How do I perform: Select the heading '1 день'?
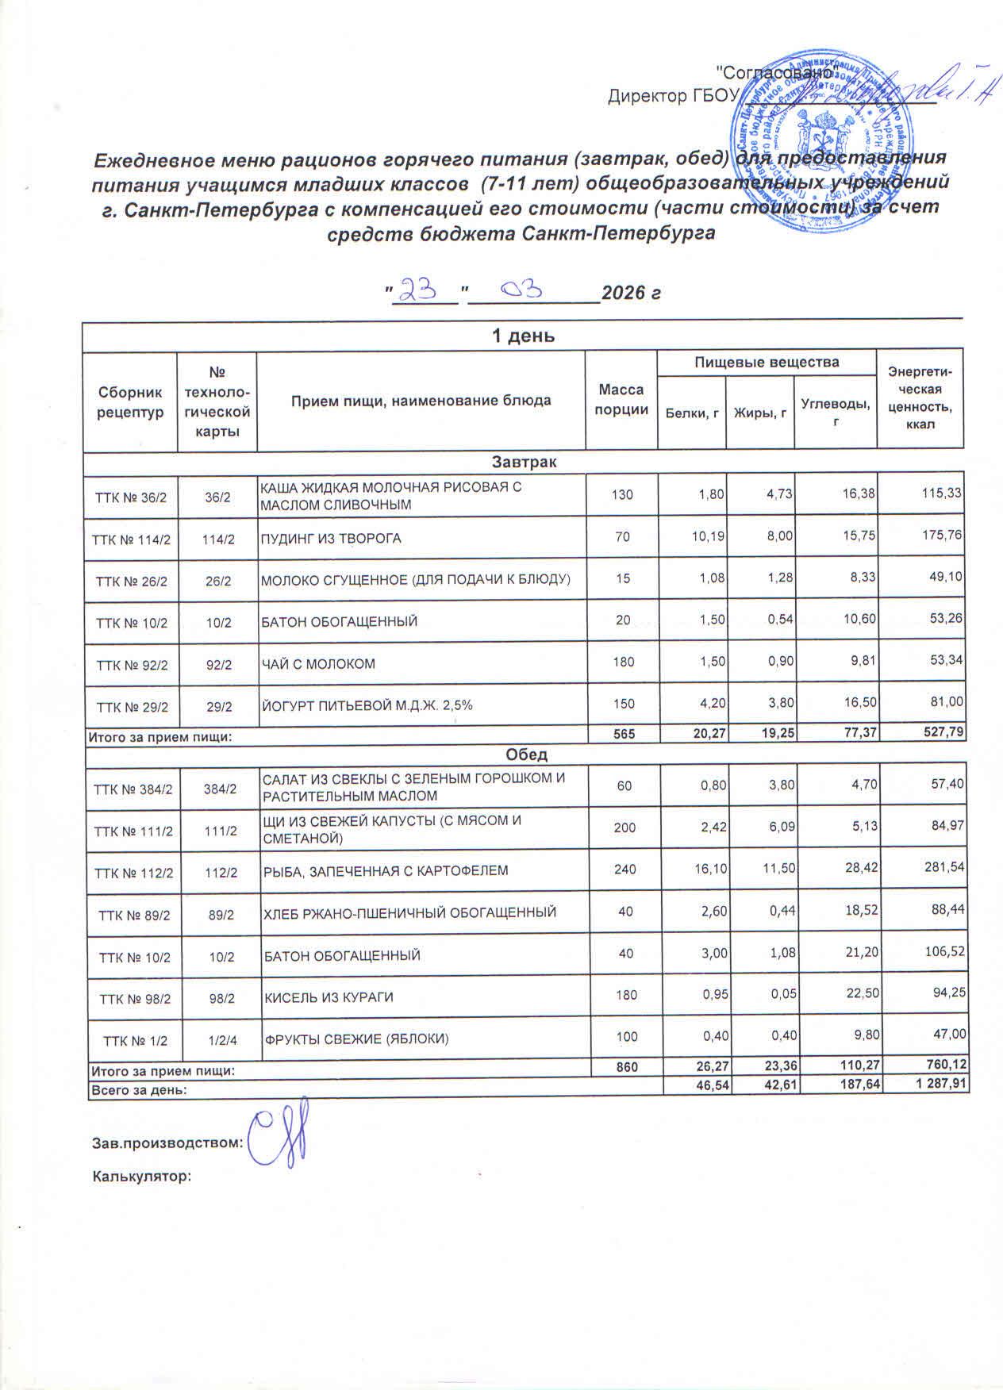(523, 336)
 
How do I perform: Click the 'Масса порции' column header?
(621, 400)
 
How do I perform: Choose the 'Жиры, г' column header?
(760, 412)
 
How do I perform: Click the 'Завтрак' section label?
(524, 462)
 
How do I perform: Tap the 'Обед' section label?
(525, 755)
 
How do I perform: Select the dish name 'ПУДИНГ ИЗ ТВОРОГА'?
(332, 539)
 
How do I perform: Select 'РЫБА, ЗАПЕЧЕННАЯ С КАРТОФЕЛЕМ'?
(386, 871)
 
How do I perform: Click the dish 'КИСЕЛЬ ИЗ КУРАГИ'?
(329, 997)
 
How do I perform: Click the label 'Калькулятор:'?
(143, 1177)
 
